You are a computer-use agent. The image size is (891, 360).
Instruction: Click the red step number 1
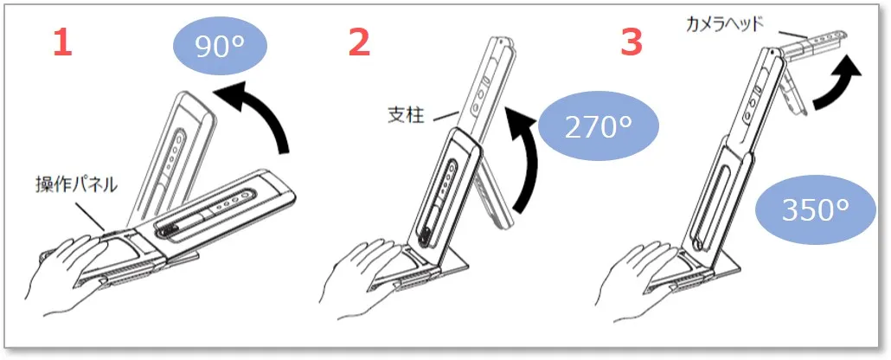click(62, 42)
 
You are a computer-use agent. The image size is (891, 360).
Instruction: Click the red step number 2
click(360, 42)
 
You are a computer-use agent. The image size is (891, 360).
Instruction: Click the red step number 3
click(631, 42)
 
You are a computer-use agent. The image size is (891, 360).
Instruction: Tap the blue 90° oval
click(218, 48)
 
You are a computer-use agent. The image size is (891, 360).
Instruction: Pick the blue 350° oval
click(815, 211)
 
